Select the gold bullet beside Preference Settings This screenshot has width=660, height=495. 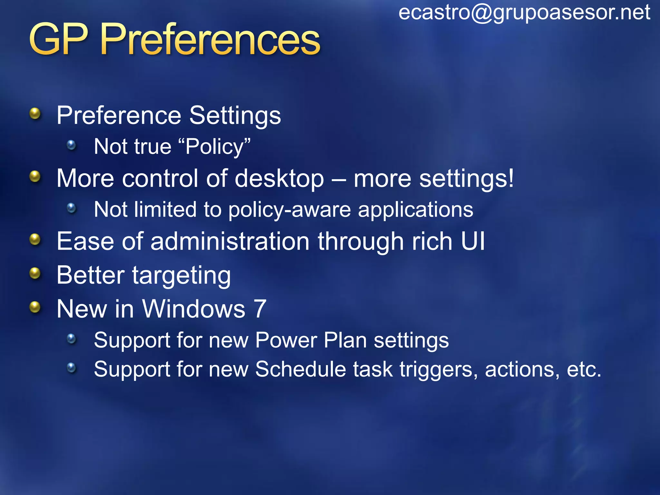click(35, 113)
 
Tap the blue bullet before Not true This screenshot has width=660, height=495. click(71, 145)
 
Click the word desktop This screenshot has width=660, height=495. click(279, 179)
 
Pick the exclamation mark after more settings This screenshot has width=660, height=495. click(510, 178)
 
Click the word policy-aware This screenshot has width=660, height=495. click(289, 210)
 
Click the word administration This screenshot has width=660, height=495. click(230, 241)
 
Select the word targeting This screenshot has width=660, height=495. click(181, 276)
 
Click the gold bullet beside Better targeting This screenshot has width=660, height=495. click(35, 274)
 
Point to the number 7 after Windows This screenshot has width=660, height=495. click(260, 309)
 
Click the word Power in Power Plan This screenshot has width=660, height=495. click(286, 340)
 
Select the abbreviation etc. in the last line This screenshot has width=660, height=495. click(584, 370)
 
